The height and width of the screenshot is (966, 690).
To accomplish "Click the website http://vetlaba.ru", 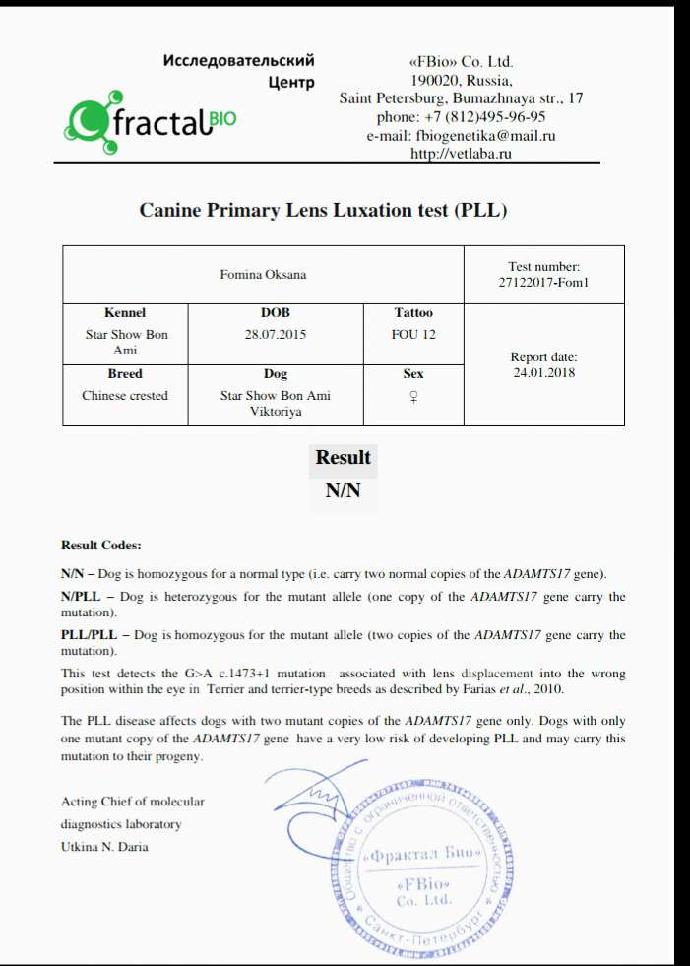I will [x=461, y=153].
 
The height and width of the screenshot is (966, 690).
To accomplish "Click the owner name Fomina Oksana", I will [x=262, y=274].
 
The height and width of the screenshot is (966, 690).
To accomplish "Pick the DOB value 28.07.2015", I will [x=276, y=334].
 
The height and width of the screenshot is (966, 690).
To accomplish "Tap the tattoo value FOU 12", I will [x=413, y=334].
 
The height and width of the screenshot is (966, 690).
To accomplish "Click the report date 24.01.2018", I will [x=543, y=372].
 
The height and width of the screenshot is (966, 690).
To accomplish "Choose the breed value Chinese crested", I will [x=125, y=395].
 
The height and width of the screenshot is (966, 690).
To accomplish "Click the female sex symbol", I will [x=413, y=396].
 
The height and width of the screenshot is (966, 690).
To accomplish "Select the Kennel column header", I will [x=125, y=313].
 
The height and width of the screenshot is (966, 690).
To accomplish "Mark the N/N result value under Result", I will [x=343, y=491].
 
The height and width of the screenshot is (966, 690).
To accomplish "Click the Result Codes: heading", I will [x=101, y=545].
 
